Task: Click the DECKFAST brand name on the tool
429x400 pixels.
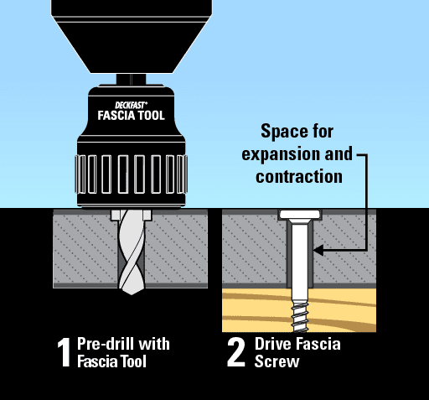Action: (131, 106)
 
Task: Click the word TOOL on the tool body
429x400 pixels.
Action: (152, 116)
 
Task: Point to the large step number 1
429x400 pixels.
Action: (64, 352)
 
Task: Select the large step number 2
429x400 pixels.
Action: (236, 352)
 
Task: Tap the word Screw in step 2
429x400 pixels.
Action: (277, 361)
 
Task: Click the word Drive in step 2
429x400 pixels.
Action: (273, 344)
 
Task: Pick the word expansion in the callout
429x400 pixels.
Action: (281, 154)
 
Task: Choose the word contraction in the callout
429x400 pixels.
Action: (299, 177)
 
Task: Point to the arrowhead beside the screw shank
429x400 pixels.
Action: (318, 250)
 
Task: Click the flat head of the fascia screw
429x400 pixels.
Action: (300, 215)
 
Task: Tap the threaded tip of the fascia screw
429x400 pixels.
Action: (300, 316)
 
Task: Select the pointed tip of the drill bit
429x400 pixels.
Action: (132, 291)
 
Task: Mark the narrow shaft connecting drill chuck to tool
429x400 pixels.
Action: (131, 80)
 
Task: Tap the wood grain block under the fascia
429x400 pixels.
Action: (299, 310)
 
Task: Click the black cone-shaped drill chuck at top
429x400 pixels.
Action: (132, 36)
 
